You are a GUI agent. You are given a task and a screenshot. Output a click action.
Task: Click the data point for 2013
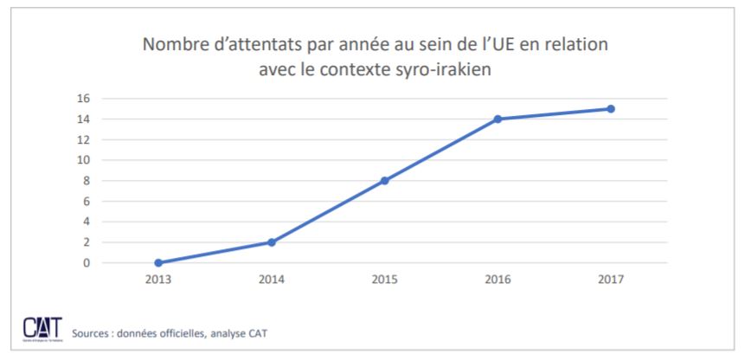(x=158, y=262)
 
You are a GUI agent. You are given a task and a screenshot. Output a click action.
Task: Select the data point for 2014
(x=272, y=242)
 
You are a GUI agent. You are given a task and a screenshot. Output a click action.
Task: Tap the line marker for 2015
(x=384, y=181)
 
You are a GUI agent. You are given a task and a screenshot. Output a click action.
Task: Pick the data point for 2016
(x=498, y=119)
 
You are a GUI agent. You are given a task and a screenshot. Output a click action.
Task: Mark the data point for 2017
(x=611, y=109)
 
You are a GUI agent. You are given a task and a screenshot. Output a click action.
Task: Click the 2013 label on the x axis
(x=158, y=280)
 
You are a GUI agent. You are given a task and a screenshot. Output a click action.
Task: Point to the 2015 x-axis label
(x=384, y=280)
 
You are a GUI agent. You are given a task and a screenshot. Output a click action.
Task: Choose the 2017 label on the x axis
(x=611, y=280)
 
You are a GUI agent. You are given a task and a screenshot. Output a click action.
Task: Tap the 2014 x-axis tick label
(x=272, y=280)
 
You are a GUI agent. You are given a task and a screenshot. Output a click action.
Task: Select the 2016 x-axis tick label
(x=498, y=280)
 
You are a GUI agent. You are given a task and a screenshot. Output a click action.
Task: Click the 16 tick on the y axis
(x=85, y=99)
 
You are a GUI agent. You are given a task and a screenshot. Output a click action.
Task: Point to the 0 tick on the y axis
(x=87, y=262)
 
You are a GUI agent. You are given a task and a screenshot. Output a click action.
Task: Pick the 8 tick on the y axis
(x=87, y=181)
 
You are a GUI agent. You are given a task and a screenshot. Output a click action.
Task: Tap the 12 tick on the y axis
(x=85, y=139)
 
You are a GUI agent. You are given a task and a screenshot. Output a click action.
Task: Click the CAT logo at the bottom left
(x=39, y=329)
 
